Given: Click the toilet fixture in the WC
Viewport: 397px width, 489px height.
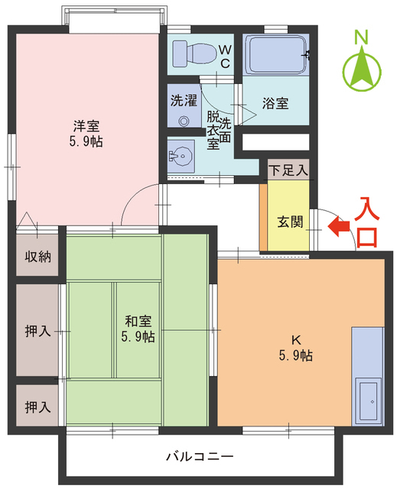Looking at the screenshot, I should click(192, 53).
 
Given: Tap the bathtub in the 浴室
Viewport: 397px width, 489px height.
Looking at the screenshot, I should click(277, 56).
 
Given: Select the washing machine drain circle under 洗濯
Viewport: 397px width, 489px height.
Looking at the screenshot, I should click(184, 120).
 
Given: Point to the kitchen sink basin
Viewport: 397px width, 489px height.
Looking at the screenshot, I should click(369, 399).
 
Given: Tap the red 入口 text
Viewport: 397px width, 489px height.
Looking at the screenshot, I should click(369, 222).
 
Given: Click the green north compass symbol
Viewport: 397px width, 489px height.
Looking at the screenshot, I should click(362, 70).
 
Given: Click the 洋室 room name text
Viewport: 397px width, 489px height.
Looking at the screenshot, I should click(86, 126).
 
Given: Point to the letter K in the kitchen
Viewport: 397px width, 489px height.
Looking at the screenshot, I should click(295, 340).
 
